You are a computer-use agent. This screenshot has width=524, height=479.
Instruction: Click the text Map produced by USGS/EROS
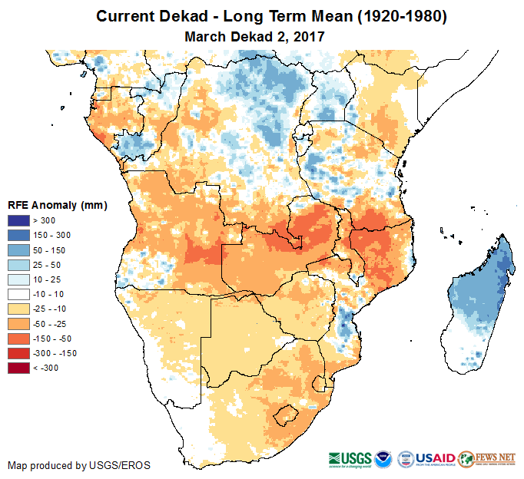point(79,465)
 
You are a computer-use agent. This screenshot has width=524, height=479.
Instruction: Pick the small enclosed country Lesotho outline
point(285,415)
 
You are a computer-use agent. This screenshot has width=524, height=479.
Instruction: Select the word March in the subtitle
point(203,36)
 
